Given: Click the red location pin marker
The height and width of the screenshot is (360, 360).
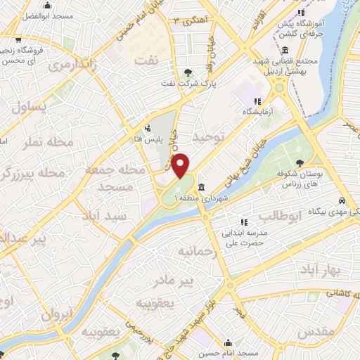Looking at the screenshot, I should [x=180, y=166].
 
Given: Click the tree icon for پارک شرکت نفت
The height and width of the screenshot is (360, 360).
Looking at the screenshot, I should [x=187, y=72].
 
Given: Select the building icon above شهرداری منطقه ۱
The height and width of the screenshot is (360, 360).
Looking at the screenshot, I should [x=202, y=187].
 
